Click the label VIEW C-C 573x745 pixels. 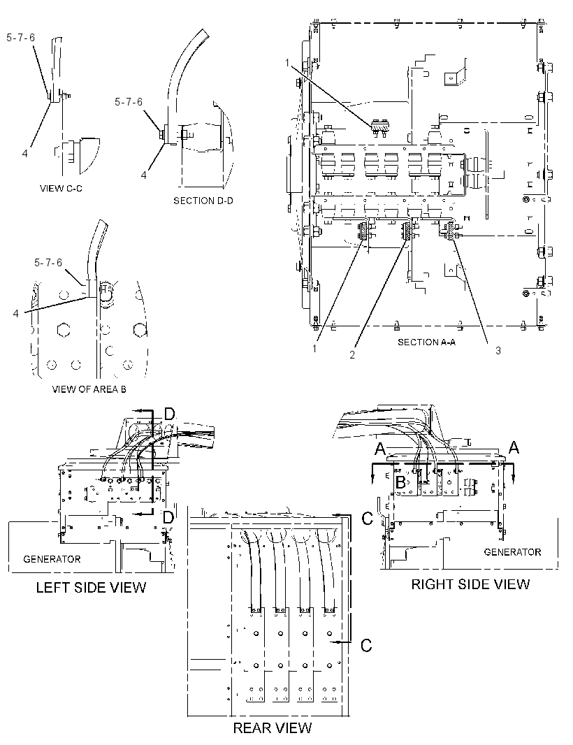coord(61,189)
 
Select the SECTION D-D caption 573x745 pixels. coord(203,201)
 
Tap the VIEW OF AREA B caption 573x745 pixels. coord(89,389)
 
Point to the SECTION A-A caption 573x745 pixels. coord(427,342)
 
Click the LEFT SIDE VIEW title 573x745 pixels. coord(92,588)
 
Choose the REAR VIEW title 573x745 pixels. coord(273,728)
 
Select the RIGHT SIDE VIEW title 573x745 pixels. coord(470,584)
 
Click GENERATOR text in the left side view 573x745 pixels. coord(52,559)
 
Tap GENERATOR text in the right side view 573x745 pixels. coord(513,552)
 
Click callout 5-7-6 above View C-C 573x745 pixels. coord(20,38)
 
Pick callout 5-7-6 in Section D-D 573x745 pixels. coord(129,102)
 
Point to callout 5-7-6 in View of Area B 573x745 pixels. coord(48,263)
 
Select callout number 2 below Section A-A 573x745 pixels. coord(352,355)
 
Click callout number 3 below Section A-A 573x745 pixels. coord(498,351)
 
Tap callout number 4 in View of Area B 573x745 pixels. coord(16,314)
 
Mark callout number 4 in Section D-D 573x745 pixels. coord(143,175)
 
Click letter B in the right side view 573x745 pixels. coord(400,483)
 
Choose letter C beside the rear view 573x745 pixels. coord(366,646)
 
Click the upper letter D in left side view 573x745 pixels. coord(170,414)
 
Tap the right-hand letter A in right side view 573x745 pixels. coord(514,447)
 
